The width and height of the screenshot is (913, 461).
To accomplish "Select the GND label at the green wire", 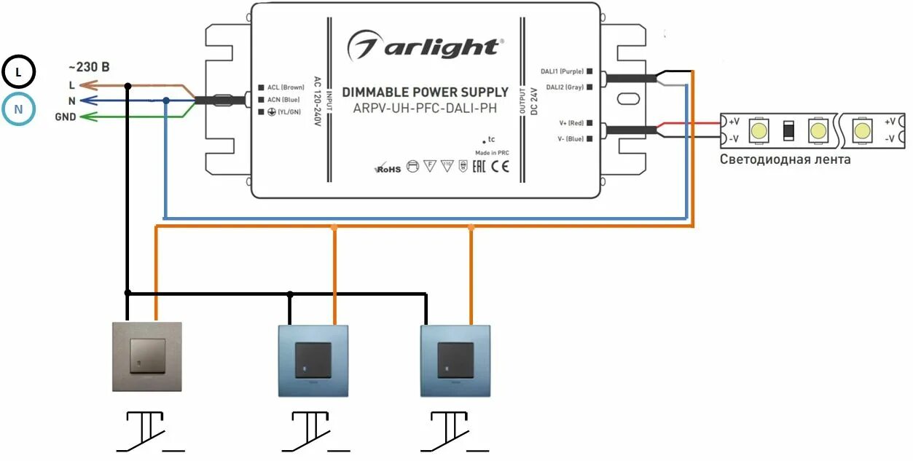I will coord(65,117).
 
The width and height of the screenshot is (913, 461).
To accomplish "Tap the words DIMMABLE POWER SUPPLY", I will coord(425,92).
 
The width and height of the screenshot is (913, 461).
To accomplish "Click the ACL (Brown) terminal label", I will coord(285,87).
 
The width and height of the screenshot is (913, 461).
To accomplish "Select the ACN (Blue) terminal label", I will coord(283,100).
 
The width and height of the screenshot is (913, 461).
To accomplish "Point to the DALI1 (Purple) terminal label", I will coord(562,71).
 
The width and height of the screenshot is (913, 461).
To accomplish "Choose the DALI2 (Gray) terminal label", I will coord(563,87).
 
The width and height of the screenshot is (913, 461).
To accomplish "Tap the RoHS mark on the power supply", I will coord(388,169).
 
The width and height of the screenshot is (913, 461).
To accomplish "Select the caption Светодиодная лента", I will coord(785,159).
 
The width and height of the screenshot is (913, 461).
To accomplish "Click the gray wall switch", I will coord(146,358).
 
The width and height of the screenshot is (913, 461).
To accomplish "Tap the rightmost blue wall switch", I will coord(455,360).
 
